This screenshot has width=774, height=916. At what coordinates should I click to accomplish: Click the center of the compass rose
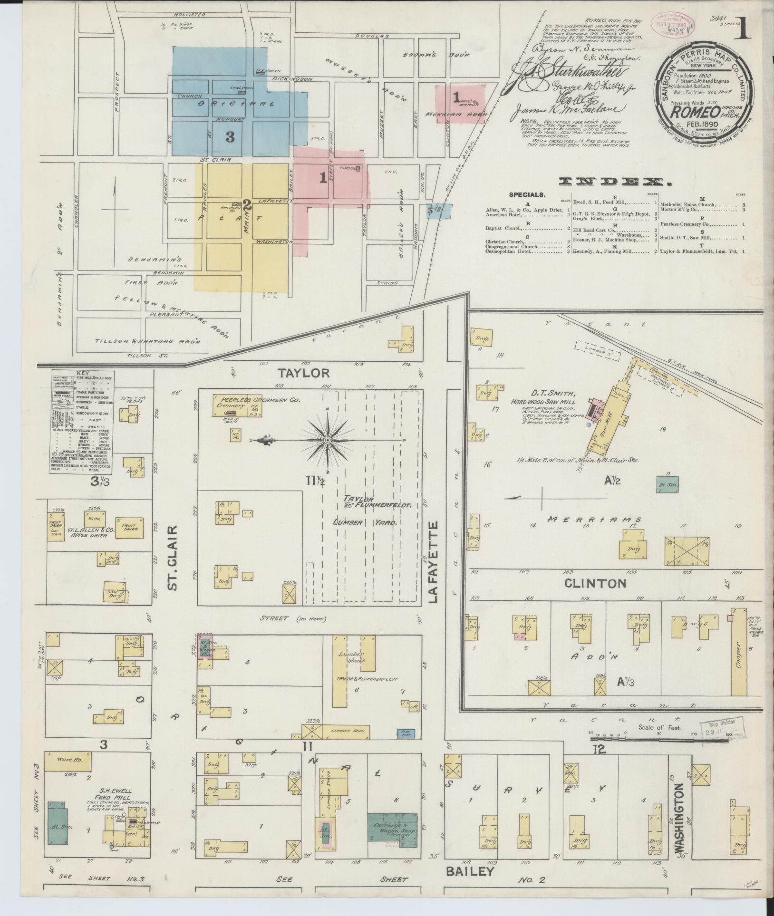pyautogui.click(x=328, y=441)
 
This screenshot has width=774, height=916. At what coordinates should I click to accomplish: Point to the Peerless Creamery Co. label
pyautogui.click(x=257, y=400)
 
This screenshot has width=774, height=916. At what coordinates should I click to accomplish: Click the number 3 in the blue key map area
pyautogui.click(x=230, y=137)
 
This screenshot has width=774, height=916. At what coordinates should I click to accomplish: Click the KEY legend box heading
pyautogui.click(x=82, y=373)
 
